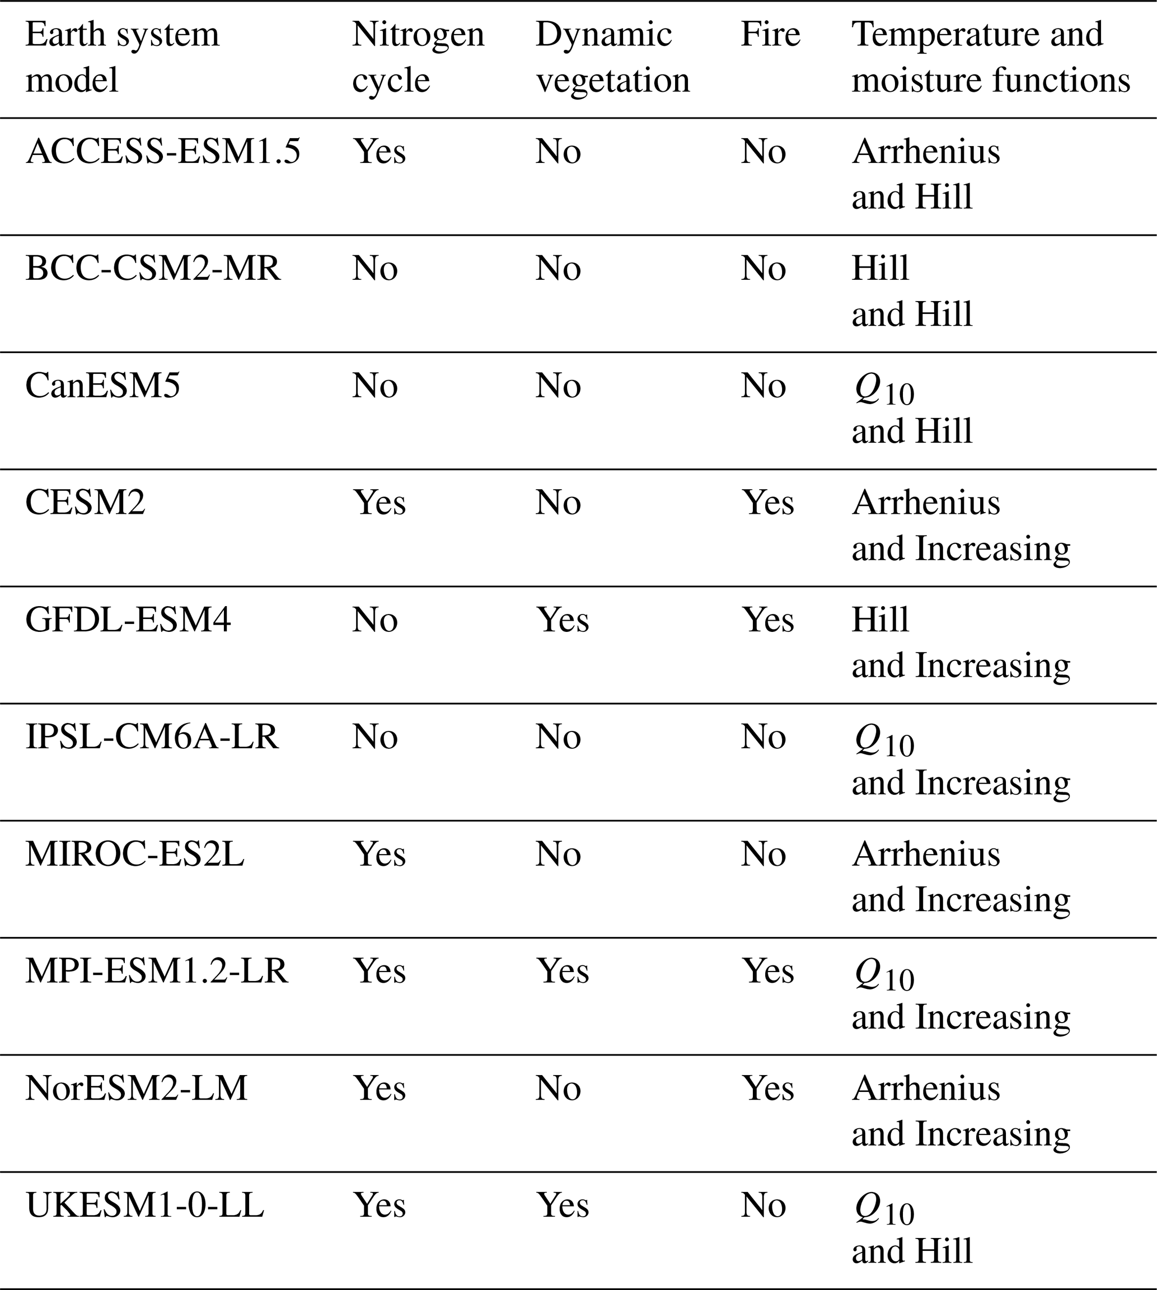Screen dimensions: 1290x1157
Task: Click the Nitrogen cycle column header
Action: tap(418, 57)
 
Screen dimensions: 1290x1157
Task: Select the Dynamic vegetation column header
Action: tap(612, 57)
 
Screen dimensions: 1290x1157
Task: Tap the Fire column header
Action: tap(770, 34)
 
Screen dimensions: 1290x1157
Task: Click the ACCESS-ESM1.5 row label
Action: tap(163, 152)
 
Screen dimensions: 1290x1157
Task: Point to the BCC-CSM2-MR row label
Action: tap(153, 269)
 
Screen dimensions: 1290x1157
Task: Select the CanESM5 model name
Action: tap(102, 386)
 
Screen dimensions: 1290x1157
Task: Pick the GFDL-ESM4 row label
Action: tap(128, 620)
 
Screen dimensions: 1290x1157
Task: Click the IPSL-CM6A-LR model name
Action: tap(152, 737)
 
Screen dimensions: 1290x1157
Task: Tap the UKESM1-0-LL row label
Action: tap(144, 1205)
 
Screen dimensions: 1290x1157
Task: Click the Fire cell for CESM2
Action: tap(768, 503)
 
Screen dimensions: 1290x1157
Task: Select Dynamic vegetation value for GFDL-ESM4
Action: tap(563, 620)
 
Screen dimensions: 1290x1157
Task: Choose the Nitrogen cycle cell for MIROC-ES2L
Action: tap(380, 854)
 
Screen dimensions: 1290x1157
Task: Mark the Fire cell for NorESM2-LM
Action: tap(768, 1089)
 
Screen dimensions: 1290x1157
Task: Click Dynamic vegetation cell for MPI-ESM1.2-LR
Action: tap(563, 972)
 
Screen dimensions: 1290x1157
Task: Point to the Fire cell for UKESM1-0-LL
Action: tap(763, 1205)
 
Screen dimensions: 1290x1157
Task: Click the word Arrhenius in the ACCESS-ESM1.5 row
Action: tap(926, 152)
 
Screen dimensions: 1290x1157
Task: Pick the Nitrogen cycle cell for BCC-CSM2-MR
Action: tap(375, 269)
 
